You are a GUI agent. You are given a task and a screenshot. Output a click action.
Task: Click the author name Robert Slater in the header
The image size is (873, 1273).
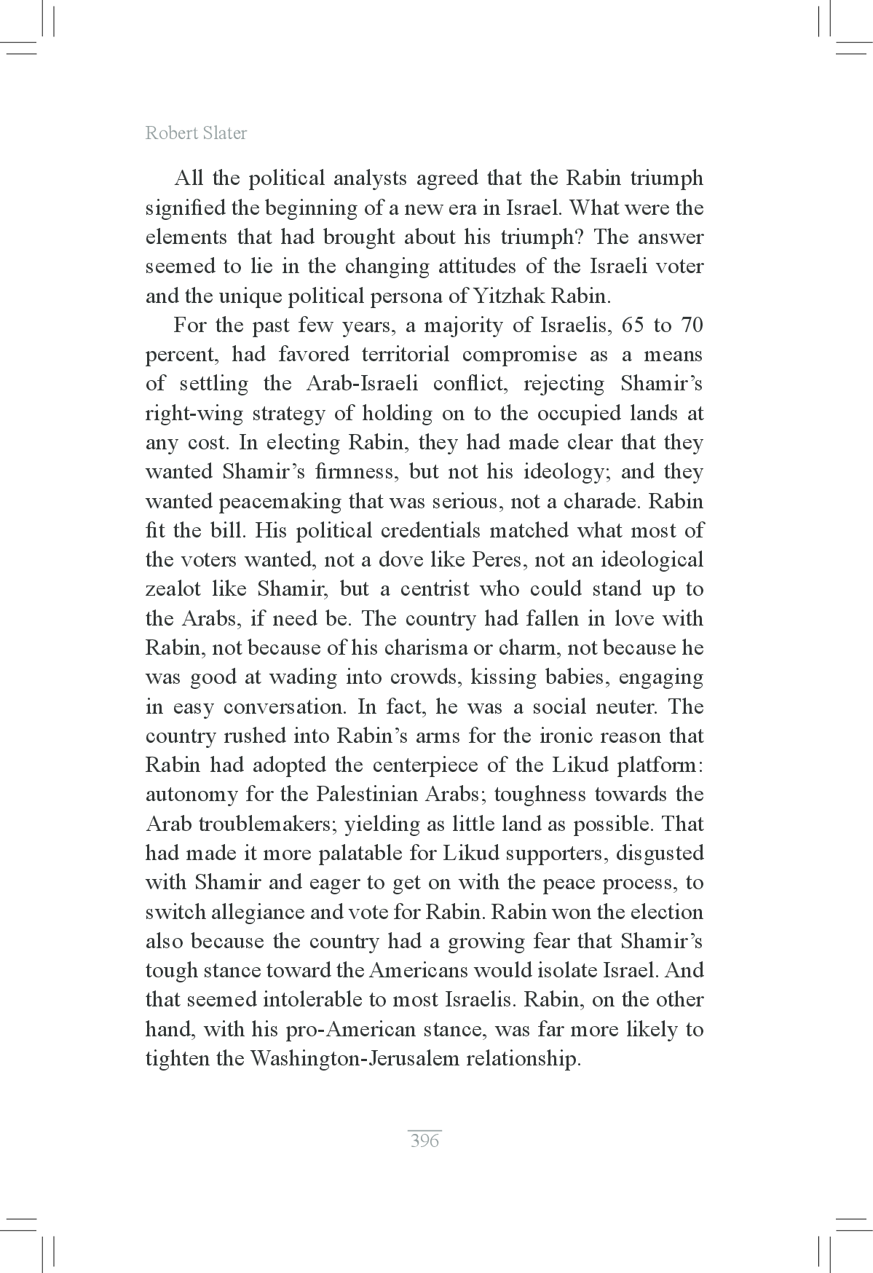point(196,133)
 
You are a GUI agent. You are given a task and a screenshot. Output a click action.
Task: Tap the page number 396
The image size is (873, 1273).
point(424,1140)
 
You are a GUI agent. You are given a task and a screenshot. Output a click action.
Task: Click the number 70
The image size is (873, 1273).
point(692,326)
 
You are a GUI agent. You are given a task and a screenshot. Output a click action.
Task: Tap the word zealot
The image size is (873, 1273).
point(171,589)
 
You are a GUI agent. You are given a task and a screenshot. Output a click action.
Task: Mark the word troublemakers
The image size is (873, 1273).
point(265,824)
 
